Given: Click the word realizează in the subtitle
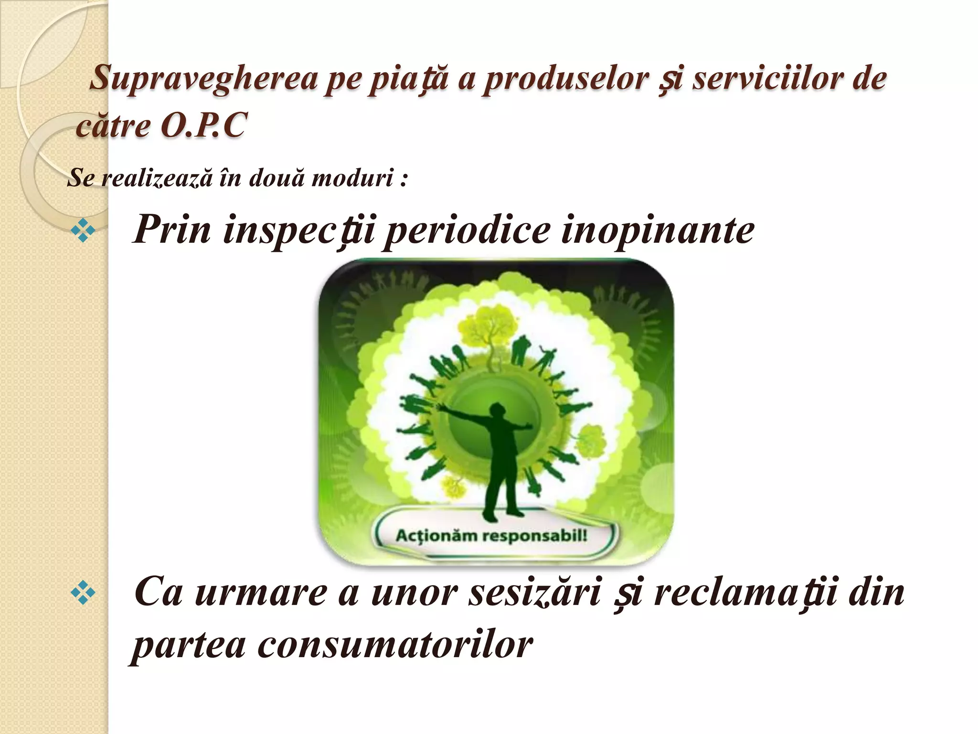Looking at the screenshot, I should [157, 178].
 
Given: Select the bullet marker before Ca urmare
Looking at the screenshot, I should [83, 594].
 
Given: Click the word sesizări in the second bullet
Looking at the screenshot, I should [533, 593].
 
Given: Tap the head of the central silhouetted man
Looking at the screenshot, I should [498, 411].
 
